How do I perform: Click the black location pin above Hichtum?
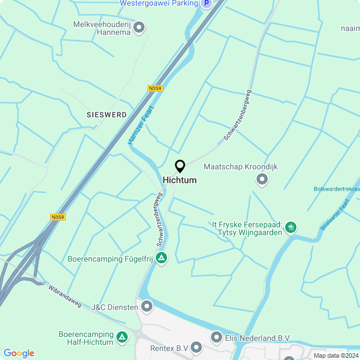pyautogui.click(x=180, y=166)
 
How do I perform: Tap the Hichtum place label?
pyautogui.click(x=180, y=180)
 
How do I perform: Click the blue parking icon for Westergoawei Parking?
pyautogui.click(x=206, y=3)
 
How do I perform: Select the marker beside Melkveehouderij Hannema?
pyautogui.click(x=139, y=27)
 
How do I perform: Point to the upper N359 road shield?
pyautogui.click(x=155, y=88)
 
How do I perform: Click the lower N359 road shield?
pyautogui.click(x=57, y=217)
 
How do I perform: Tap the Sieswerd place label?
pyautogui.click(x=107, y=115)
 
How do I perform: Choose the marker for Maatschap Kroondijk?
pyautogui.click(x=262, y=180)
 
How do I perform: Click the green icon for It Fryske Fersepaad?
pyautogui.click(x=291, y=228)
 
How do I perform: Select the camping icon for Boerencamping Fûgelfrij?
pyautogui.click(x=161, y=258)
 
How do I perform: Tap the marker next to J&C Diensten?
pyautogui.click(x=147, y=307)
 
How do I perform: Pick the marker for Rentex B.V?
pyautogui.click(x=196, y=348)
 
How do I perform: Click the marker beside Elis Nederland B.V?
pyautogui.click(x=217, y=337)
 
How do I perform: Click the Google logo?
pyautogui.click(x=19, y=353)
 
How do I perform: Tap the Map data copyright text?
pyautogui.click(x=336, y=355)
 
